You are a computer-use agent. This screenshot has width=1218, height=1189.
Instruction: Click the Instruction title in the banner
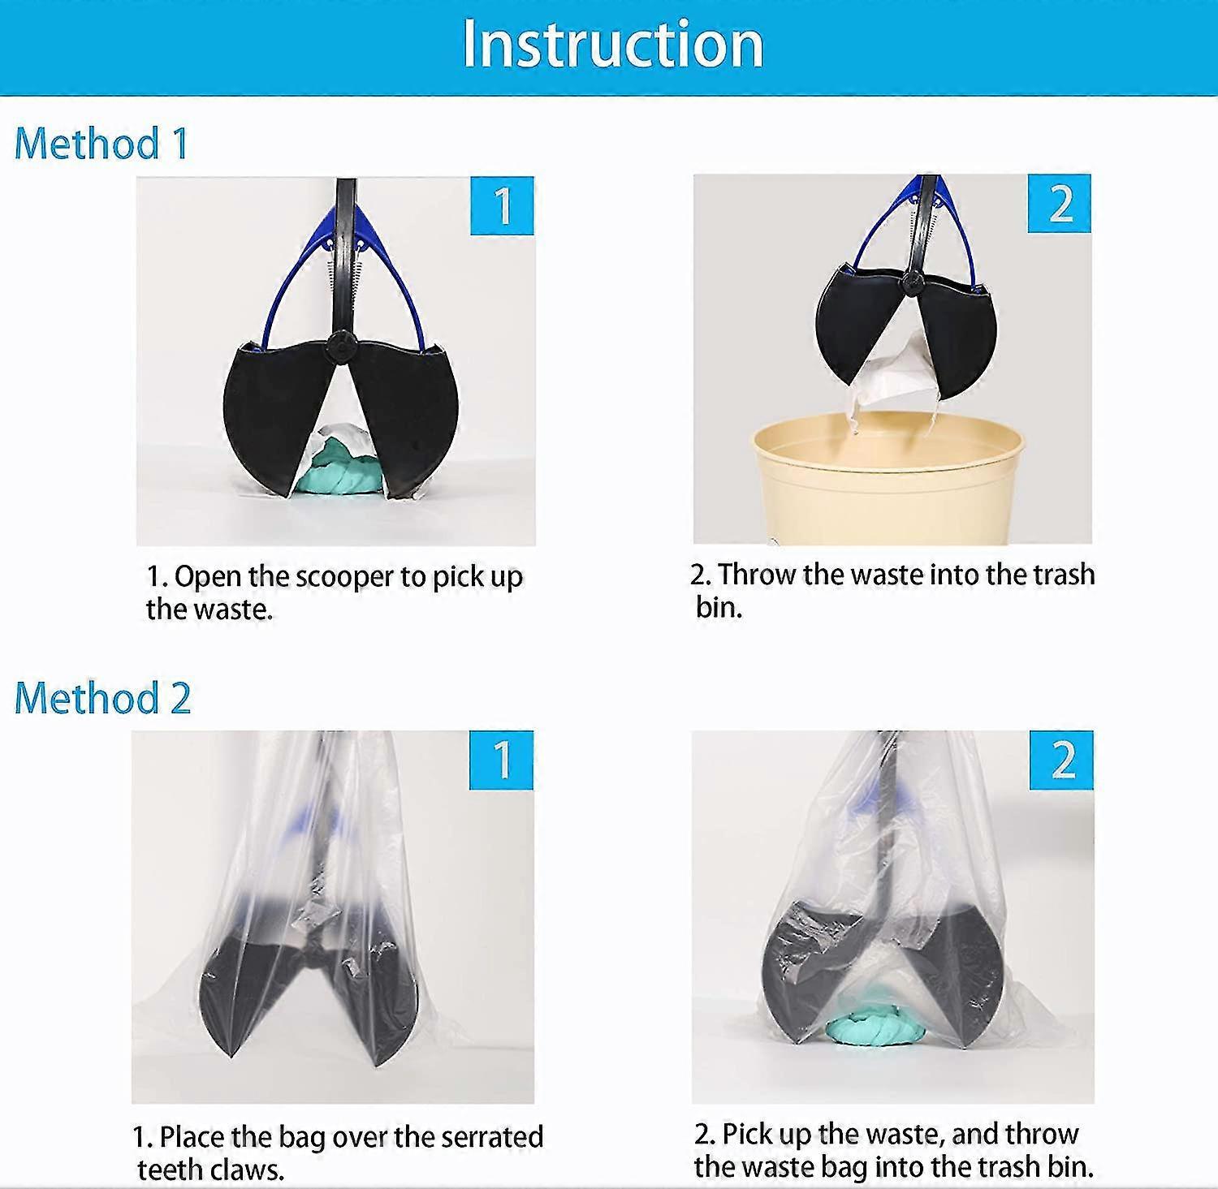click(x=613, y=45)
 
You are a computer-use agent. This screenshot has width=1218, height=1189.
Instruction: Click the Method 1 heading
click(x=101, y=144)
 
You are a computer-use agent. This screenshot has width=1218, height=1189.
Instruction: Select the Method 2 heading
click(x=102, y=698)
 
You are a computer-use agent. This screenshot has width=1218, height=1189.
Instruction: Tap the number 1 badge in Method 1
click(x=503, y=205)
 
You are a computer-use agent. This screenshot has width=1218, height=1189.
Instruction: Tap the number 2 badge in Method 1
click(x=1060, y=203)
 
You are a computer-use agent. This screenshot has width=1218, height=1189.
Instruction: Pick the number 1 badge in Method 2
click(x=502, y=760)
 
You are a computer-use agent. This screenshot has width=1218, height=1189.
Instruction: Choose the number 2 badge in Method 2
click(x=1061, y=760)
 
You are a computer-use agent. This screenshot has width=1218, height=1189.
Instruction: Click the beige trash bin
click(x=888, y=479)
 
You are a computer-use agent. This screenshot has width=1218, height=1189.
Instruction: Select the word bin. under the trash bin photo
click(x=719, y=608)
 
